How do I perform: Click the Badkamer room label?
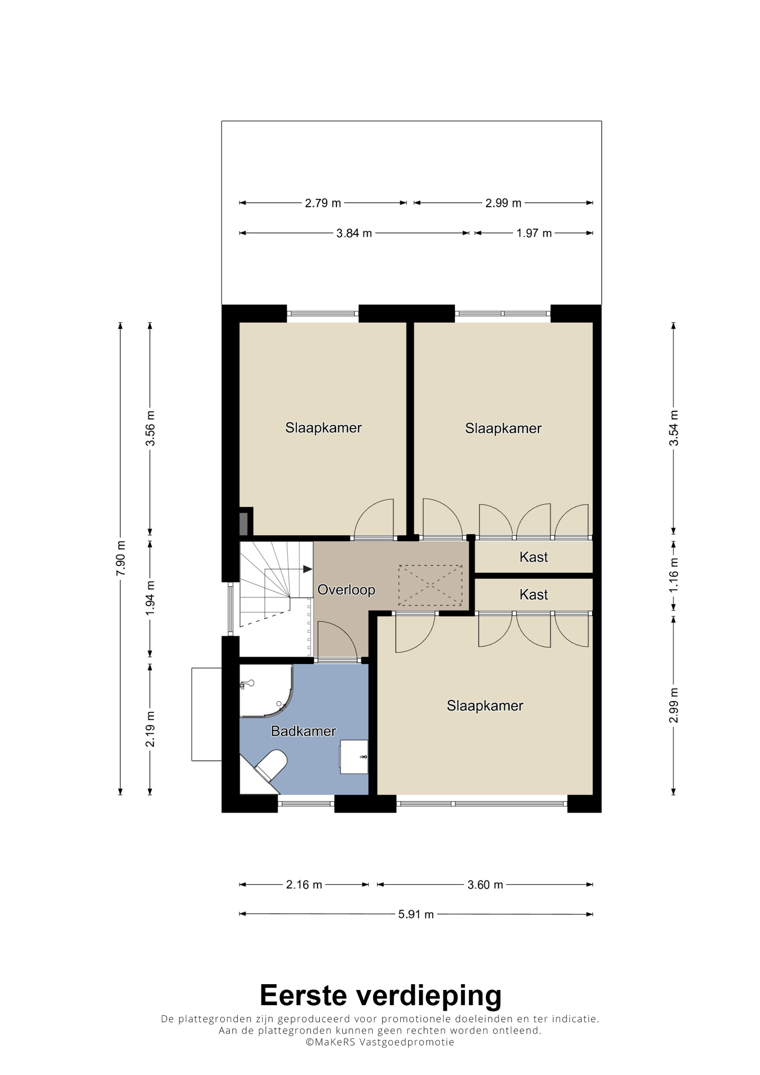pyautogui.click(x=304, y=731)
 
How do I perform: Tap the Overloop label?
pyautogui.click(x=346, y=590)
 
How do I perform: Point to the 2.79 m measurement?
pyautogui.click(x=323, y=203)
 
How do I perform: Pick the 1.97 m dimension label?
pyautogui.click(x=534, y=233)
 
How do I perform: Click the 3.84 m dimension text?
pyautogui.click(x=354, y=233)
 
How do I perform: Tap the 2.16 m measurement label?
pyautogui.click(x=304, y=884)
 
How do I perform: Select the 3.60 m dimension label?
pyautogui.click(x=485, y=884)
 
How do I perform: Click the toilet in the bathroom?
pyautogui.click(x=271, y=765)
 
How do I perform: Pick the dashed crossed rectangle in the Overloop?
pyautogui.click(x=430, y=585)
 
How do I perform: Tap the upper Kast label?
pyautogui.click(x=534, y=557)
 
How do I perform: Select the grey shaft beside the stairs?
pyautogui.click(x=243, y=524)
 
